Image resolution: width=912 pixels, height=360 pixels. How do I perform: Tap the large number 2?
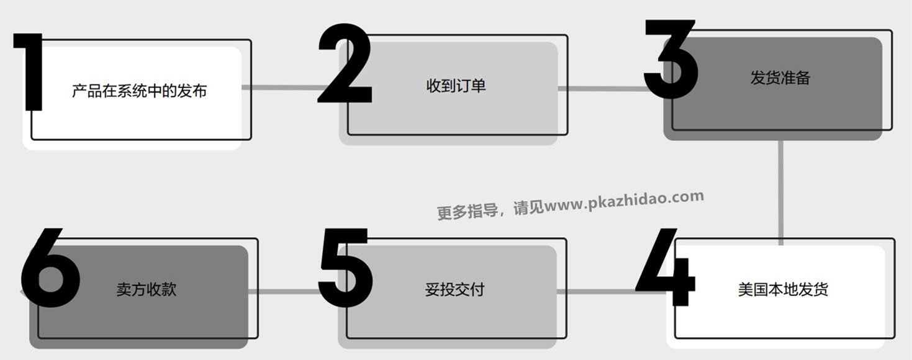tap(345, 65)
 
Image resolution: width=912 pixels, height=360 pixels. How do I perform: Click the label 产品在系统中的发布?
tap(139, 91)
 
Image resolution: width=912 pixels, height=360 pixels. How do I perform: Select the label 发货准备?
tap(780, 78)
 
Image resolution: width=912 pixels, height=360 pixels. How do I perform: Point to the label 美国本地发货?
tap(783, 289)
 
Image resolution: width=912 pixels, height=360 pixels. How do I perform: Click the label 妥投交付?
tap(454, 289)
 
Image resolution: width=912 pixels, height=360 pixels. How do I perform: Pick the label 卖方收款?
tap(147, 289)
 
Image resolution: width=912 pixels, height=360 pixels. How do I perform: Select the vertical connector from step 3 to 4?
tap(780, 189)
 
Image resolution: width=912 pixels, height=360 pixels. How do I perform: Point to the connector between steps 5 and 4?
tap(596, 290)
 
